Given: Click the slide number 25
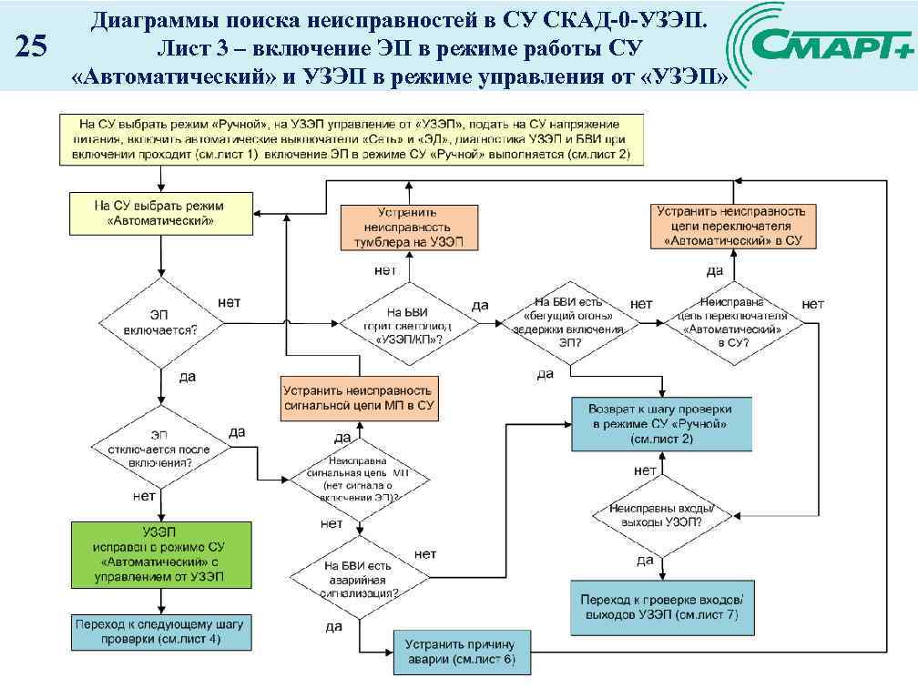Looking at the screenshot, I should [x=33, y=46].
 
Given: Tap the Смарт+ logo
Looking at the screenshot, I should [x=823, y=45].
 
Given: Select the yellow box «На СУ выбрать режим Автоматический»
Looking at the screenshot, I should [x=160, y=213].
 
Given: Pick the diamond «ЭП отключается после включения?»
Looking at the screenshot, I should [x=160, y=449].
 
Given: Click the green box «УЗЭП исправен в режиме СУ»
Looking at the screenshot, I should [x=160, y=553].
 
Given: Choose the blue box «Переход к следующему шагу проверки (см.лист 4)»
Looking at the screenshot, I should [x=160, y=632].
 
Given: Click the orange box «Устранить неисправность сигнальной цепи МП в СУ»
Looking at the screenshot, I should [x=361, y=398].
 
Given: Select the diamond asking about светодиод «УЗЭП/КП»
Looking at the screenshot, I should [x=408, y=322].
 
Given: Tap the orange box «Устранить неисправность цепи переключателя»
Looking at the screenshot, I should [x=733, y=226].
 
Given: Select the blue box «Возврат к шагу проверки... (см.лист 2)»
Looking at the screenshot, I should [x=662, y=424].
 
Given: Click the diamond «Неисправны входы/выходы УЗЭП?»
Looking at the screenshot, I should [x=662, y=515].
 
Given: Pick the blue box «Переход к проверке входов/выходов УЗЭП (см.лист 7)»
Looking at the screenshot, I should [x=662, y=608].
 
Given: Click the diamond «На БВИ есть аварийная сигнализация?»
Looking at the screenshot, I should [x=361, y=577].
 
